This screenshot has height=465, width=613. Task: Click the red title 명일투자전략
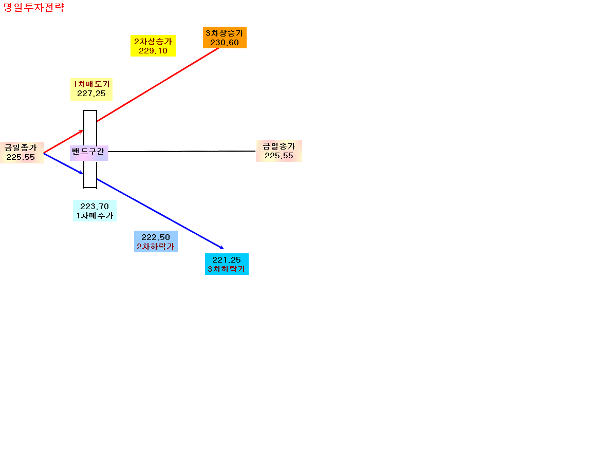[x=33, y=7]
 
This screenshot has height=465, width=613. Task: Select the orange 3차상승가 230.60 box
[x=225, y=38]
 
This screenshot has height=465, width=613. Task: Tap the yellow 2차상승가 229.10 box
[x=153, y=46]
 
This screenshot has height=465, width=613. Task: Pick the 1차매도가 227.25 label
[x=91, y=89]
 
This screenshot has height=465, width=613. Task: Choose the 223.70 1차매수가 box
[x=95, y=211]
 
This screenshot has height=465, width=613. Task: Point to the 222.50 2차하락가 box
[x=156, y=241]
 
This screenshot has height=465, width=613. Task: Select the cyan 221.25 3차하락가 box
[x=227, y=264]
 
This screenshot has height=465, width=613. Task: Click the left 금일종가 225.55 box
[x=22, y=153]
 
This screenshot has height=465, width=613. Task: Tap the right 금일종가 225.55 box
[x=279, y=151]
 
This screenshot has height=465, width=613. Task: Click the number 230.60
[x=225, y=43]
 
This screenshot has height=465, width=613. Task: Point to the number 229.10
[x=153, y=51]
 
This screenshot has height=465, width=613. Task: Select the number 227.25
[x=91, y=94]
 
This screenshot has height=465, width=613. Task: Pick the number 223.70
[x=95, y=206]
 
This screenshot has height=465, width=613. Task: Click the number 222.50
[x=156, y=237]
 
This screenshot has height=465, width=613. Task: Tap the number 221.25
[x=227, y=259]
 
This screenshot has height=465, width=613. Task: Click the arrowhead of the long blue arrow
[x=222, y=248]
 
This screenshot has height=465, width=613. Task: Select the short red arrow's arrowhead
[x=82, y=131]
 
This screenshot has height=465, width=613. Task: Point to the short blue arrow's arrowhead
[x=82, y=173]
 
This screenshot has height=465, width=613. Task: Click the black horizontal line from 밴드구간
[x=182, y=151]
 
